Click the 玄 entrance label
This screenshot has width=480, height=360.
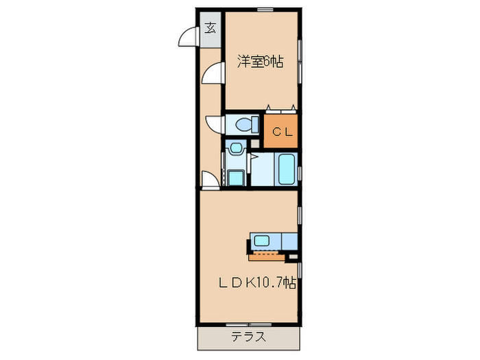click(210, 29)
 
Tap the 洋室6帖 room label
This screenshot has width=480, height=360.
click(261, 62)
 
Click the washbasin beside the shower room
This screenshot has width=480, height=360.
click(236, 147)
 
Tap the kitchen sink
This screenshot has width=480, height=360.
click(263, 241)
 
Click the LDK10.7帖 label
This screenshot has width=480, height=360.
click(258, 282)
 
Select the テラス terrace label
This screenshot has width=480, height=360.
click(248, 337)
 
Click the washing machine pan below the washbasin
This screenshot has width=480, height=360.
click(236, 177)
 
